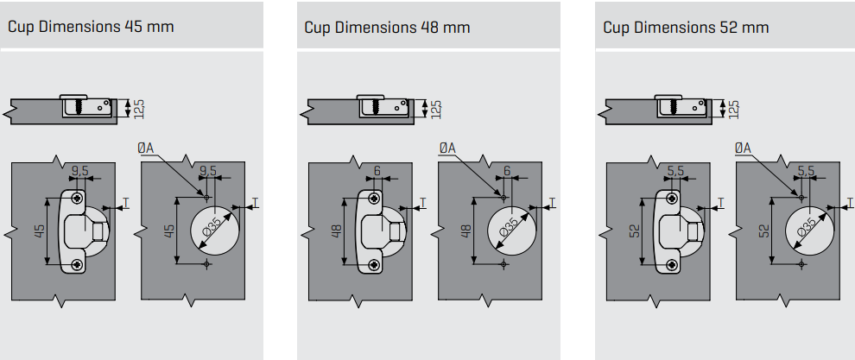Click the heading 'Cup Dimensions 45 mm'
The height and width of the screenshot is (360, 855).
91,27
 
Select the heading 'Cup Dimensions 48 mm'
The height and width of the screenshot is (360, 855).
387,27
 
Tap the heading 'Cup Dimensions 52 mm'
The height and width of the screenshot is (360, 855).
686,27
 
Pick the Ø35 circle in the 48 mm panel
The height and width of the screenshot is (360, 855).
510,231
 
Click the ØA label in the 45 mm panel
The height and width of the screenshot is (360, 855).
145,148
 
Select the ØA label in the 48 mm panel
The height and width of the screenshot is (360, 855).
446,148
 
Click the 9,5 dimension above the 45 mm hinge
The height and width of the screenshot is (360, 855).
79,171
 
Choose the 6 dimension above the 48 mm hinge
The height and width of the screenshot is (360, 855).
377,171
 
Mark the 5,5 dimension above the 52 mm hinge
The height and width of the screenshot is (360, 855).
676,171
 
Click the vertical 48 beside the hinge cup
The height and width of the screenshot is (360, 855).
336,231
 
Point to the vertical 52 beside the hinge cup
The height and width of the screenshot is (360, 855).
634,231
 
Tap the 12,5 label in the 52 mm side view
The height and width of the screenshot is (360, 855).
734,108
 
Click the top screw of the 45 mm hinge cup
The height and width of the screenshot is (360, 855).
79,199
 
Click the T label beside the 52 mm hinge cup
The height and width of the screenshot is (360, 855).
720,204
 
